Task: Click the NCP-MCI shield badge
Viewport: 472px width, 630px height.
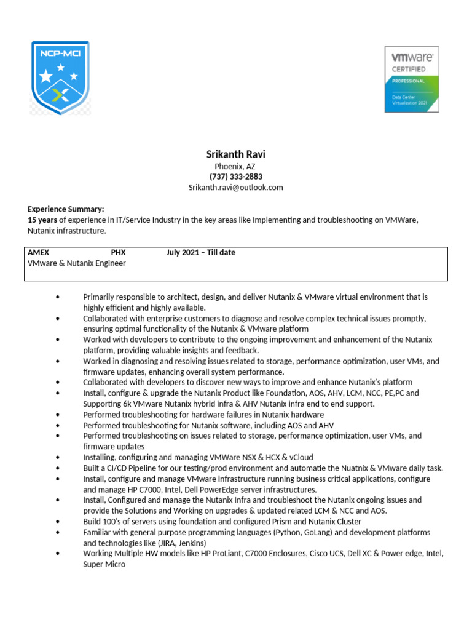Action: click(60, 78)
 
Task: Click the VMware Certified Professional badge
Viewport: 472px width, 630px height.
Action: click(411, 79)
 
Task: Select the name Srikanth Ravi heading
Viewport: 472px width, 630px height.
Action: click(235, 154)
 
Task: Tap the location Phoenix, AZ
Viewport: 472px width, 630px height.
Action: click(235, 166)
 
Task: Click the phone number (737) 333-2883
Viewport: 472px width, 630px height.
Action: click(235, 177)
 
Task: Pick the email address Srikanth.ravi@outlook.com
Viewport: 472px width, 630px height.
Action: click(235, 188)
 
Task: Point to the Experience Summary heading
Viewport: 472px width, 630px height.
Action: click(66, 209)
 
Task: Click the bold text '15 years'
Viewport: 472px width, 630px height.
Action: click(42, 220)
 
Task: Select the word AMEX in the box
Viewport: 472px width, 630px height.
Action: click(39, 252)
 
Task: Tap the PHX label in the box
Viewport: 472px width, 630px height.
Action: click(118, 252)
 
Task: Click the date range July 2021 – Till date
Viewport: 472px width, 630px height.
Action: click(200, 252)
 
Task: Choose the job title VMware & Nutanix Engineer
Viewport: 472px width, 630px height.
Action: click(77, 263)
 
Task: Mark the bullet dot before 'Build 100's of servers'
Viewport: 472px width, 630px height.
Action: click(57, 522)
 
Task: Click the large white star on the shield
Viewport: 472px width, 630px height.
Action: click(45, 76)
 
